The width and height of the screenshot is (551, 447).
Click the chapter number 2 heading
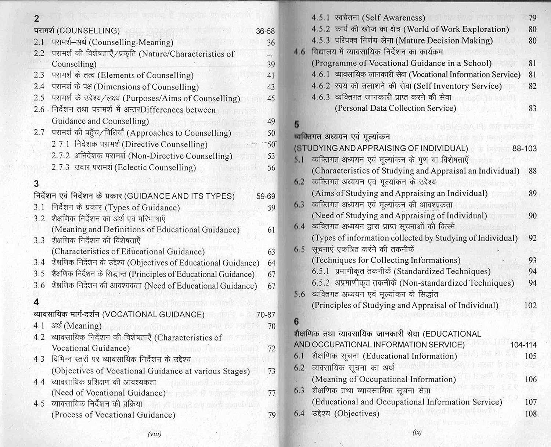click(x=36, y=19)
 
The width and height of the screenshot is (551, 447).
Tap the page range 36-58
click(x=265, y=31)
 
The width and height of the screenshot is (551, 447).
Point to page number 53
click(x=271, y=156)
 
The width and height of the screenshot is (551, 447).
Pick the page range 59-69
click(x=265, y=196)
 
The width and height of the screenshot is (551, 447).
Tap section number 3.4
click(x=39, y=263)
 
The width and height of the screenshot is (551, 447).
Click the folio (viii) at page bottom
click(x=154, y=434)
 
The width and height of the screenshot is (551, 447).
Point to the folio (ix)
click(x=417, y=432)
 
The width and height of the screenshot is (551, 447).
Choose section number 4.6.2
click(x=321, y=86)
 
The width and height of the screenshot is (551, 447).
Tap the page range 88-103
click(x=524, y=149)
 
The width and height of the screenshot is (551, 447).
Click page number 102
click(x=530, y=305)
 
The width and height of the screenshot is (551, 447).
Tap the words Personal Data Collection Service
click(x=395, y=108)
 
